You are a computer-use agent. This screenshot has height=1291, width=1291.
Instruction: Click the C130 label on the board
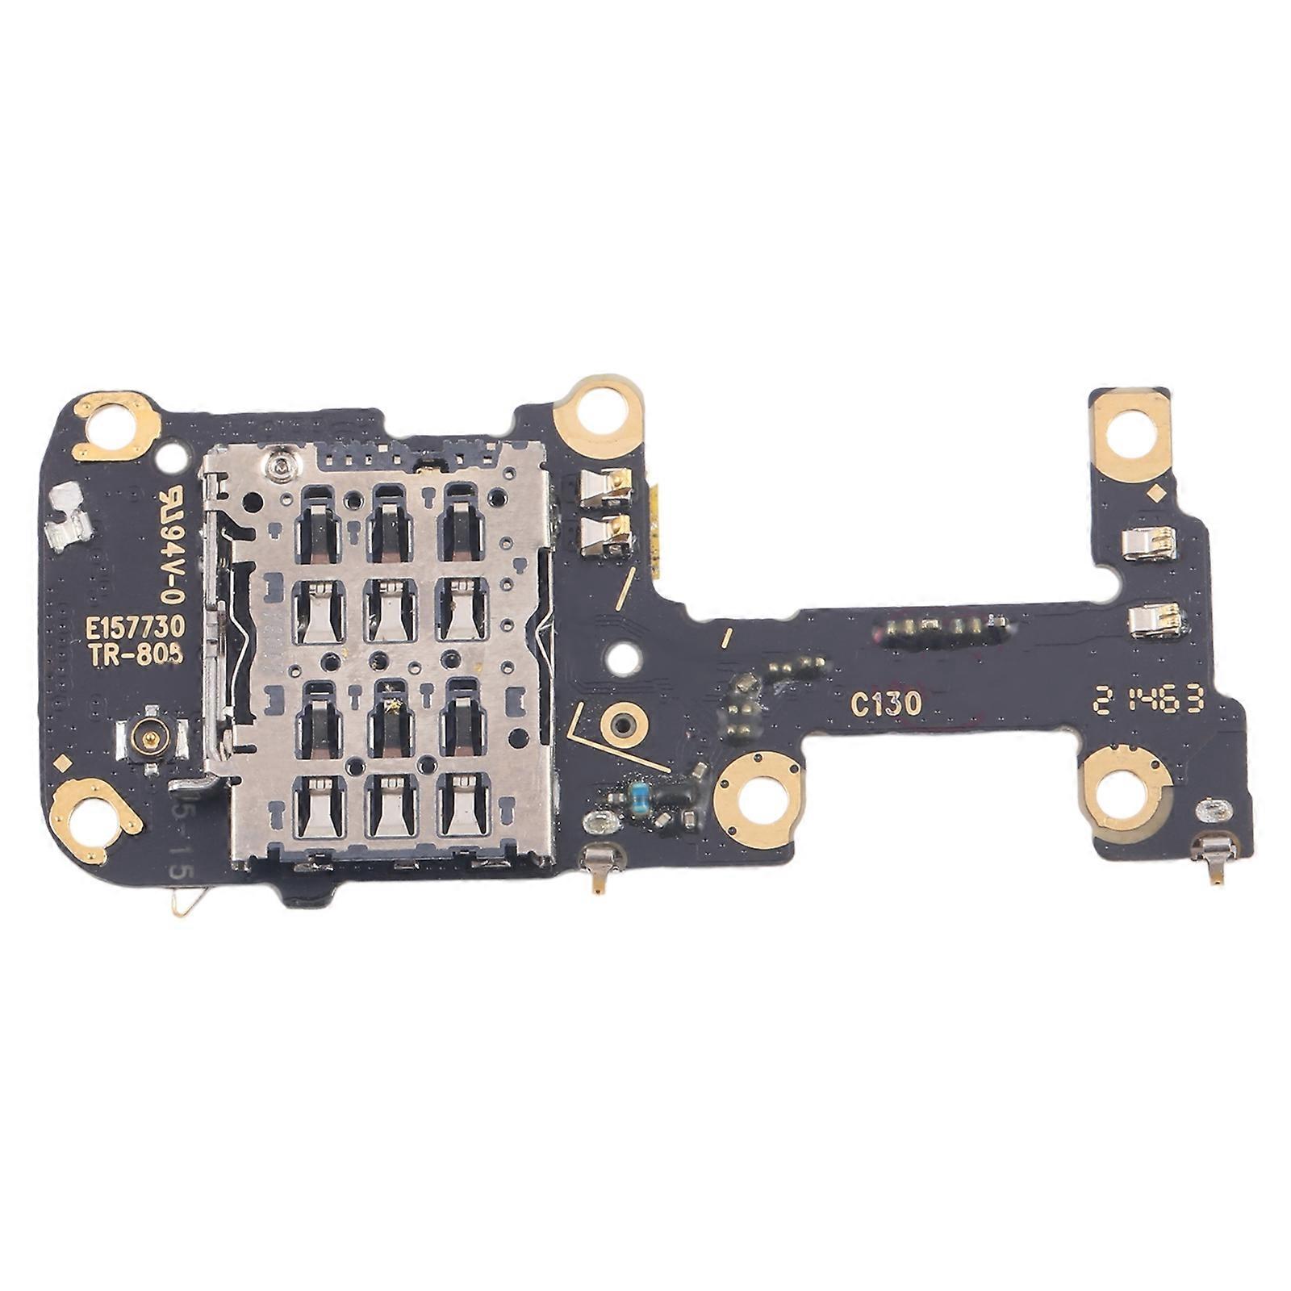pyautogui.click(x=885, y=704)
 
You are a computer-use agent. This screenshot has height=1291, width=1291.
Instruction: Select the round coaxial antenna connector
pyautogui.click(x=149, y=735)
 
